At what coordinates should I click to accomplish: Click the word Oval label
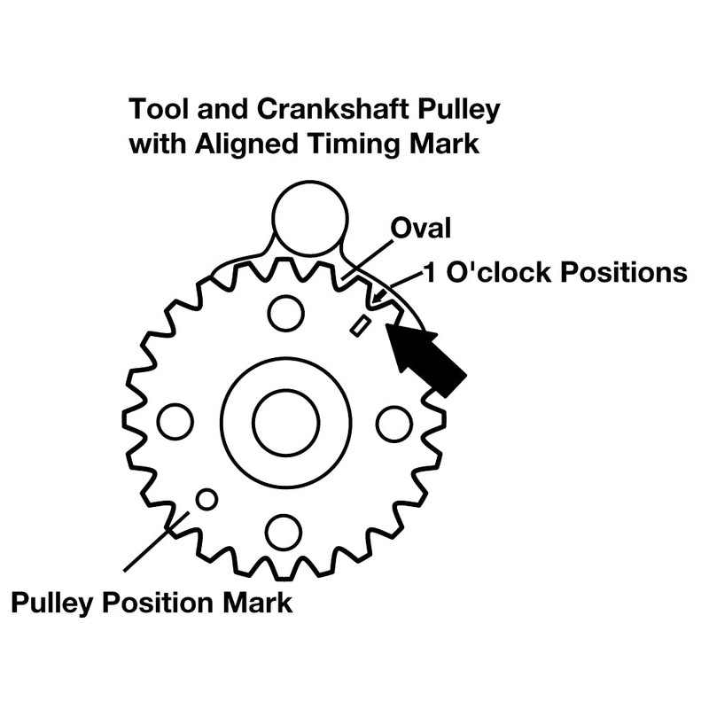click(420, 228)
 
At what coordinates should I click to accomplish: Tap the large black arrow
click(425, 356)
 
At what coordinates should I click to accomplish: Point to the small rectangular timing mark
click(361, 325)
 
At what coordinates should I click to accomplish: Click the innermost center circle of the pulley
click(285, 423)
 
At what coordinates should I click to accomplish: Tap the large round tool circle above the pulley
click(310, 218)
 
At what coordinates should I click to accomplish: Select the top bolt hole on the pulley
click(285, 314)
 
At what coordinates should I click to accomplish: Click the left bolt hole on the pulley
click(175, 422)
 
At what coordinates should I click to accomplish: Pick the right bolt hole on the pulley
click(394, 425)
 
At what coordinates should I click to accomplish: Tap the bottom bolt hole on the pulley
click(284, 533)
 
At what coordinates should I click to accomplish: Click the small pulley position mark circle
click(206, 500)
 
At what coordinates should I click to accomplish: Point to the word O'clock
click(499, 273)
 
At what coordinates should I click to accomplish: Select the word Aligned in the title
click(247, 144)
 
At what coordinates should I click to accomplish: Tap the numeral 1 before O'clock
click(431, 273)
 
